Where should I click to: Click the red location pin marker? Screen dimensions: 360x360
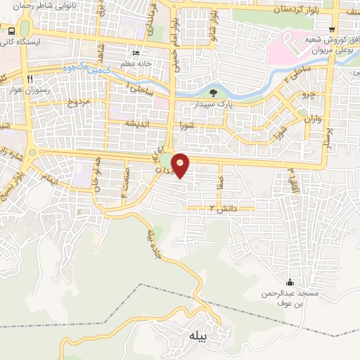click(x=181, y=165)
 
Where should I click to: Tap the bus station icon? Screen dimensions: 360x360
click(x=12, y=31)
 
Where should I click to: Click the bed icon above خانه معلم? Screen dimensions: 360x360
click(x=136, y=53)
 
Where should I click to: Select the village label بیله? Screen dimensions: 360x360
click(x=198, y=337)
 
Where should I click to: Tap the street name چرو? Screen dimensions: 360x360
click(x=305, y=94)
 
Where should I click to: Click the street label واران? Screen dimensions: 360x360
click(x=313, y=119)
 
